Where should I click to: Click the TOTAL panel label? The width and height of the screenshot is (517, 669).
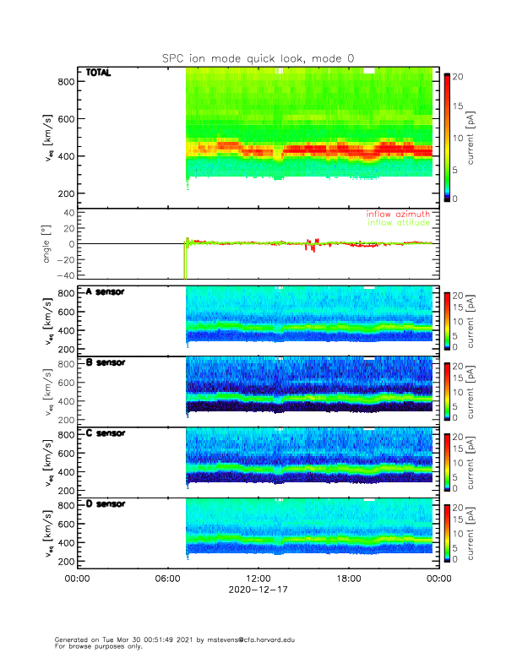tap(98, 73)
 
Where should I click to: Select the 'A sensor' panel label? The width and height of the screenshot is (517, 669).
tap(106, 292)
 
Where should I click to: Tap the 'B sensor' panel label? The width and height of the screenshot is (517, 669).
tap(106, 362)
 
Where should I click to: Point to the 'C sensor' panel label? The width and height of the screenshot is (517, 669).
tap(106, 433)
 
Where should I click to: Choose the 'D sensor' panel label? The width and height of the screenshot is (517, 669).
tap(106, 504)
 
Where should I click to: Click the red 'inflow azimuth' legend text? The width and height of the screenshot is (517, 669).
tap(399, 215)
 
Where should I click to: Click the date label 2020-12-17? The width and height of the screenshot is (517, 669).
tap(258, 590)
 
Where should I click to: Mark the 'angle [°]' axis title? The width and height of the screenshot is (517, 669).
tap(47, 244)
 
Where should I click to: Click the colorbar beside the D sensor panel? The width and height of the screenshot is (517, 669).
tap(447, 532)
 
